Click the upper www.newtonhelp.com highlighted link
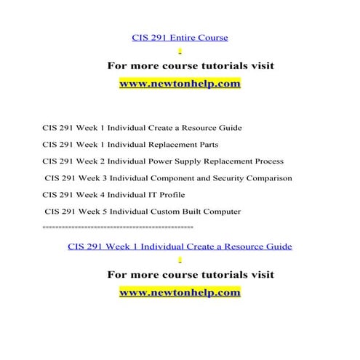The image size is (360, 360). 179,84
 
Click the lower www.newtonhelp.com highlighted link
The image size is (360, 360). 179,292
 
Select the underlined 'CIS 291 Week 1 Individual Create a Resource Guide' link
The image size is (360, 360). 180,247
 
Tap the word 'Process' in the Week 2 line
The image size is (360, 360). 266,161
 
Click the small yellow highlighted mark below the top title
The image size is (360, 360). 180,51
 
